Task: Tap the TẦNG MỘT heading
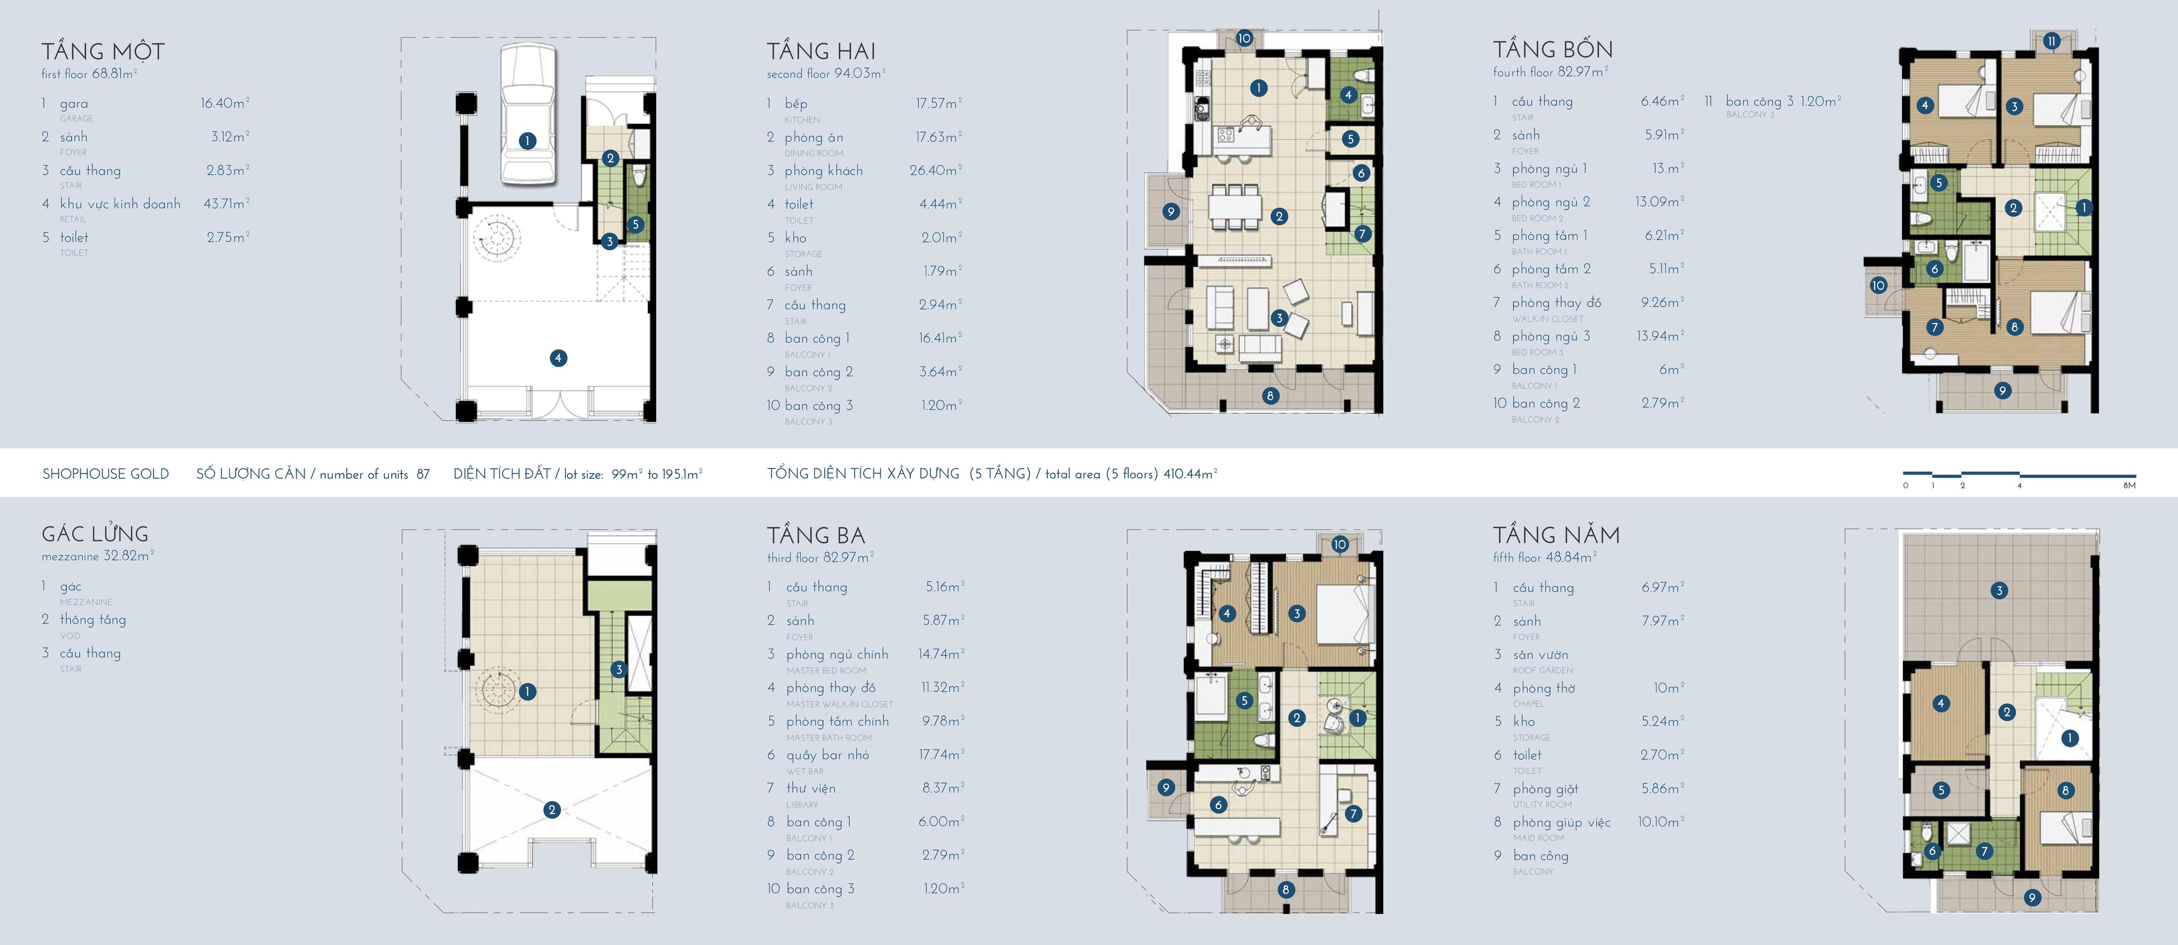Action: (103, 51)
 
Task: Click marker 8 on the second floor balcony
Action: (1270, 395)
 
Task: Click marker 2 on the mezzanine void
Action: (552, 810)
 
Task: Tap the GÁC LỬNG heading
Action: (95, 534)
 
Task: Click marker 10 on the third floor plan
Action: (1339, 544)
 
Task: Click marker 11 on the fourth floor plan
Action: (2051, 64)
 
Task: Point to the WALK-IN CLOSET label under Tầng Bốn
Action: (1547, 319)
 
